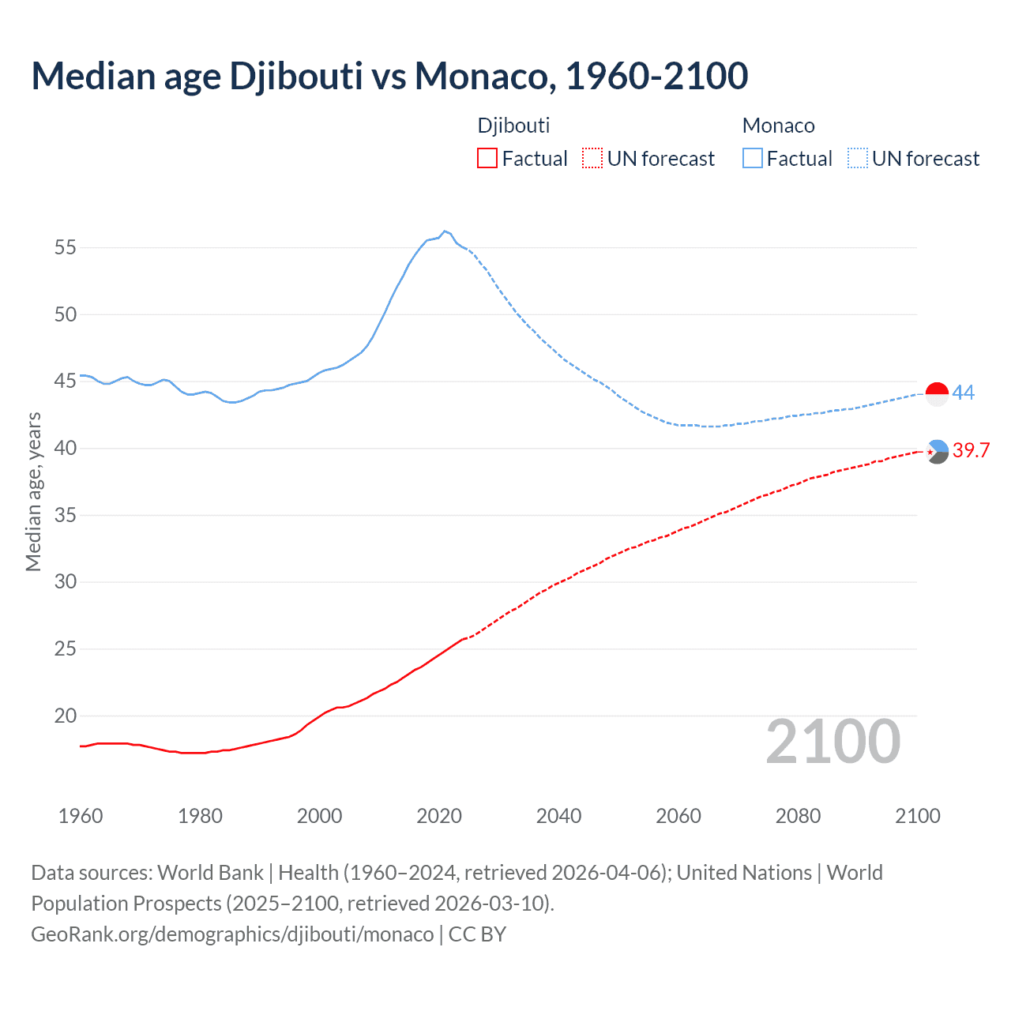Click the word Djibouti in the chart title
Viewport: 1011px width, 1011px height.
[295, 77]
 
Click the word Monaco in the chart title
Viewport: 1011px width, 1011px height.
[481, 77]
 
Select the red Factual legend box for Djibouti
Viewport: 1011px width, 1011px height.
[487, 159]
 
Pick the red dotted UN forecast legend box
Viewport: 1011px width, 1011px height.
[592, 159]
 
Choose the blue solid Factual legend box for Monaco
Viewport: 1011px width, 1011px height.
[753, 159]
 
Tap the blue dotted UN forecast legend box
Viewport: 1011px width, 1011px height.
[858, 159]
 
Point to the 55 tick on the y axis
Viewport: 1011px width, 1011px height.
[66, 248]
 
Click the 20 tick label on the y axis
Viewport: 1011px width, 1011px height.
[66, 716]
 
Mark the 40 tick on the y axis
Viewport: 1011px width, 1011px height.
[66, 449]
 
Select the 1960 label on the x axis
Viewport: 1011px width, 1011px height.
[81, 816]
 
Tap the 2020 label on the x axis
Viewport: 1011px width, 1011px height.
[439, 816]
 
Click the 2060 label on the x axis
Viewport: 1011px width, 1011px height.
[678, 816]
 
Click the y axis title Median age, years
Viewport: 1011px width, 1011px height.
[33, 491]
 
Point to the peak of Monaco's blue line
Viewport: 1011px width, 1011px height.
[445, 231]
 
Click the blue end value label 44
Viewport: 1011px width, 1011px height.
[964, 393]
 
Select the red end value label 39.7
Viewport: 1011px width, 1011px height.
[971, 450]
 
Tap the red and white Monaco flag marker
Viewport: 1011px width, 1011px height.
[937, 393]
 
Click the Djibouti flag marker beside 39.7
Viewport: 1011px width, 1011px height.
[937, 452]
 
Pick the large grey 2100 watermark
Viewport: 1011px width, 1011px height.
[832, 742]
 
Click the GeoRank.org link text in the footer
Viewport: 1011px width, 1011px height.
[232, 934]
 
